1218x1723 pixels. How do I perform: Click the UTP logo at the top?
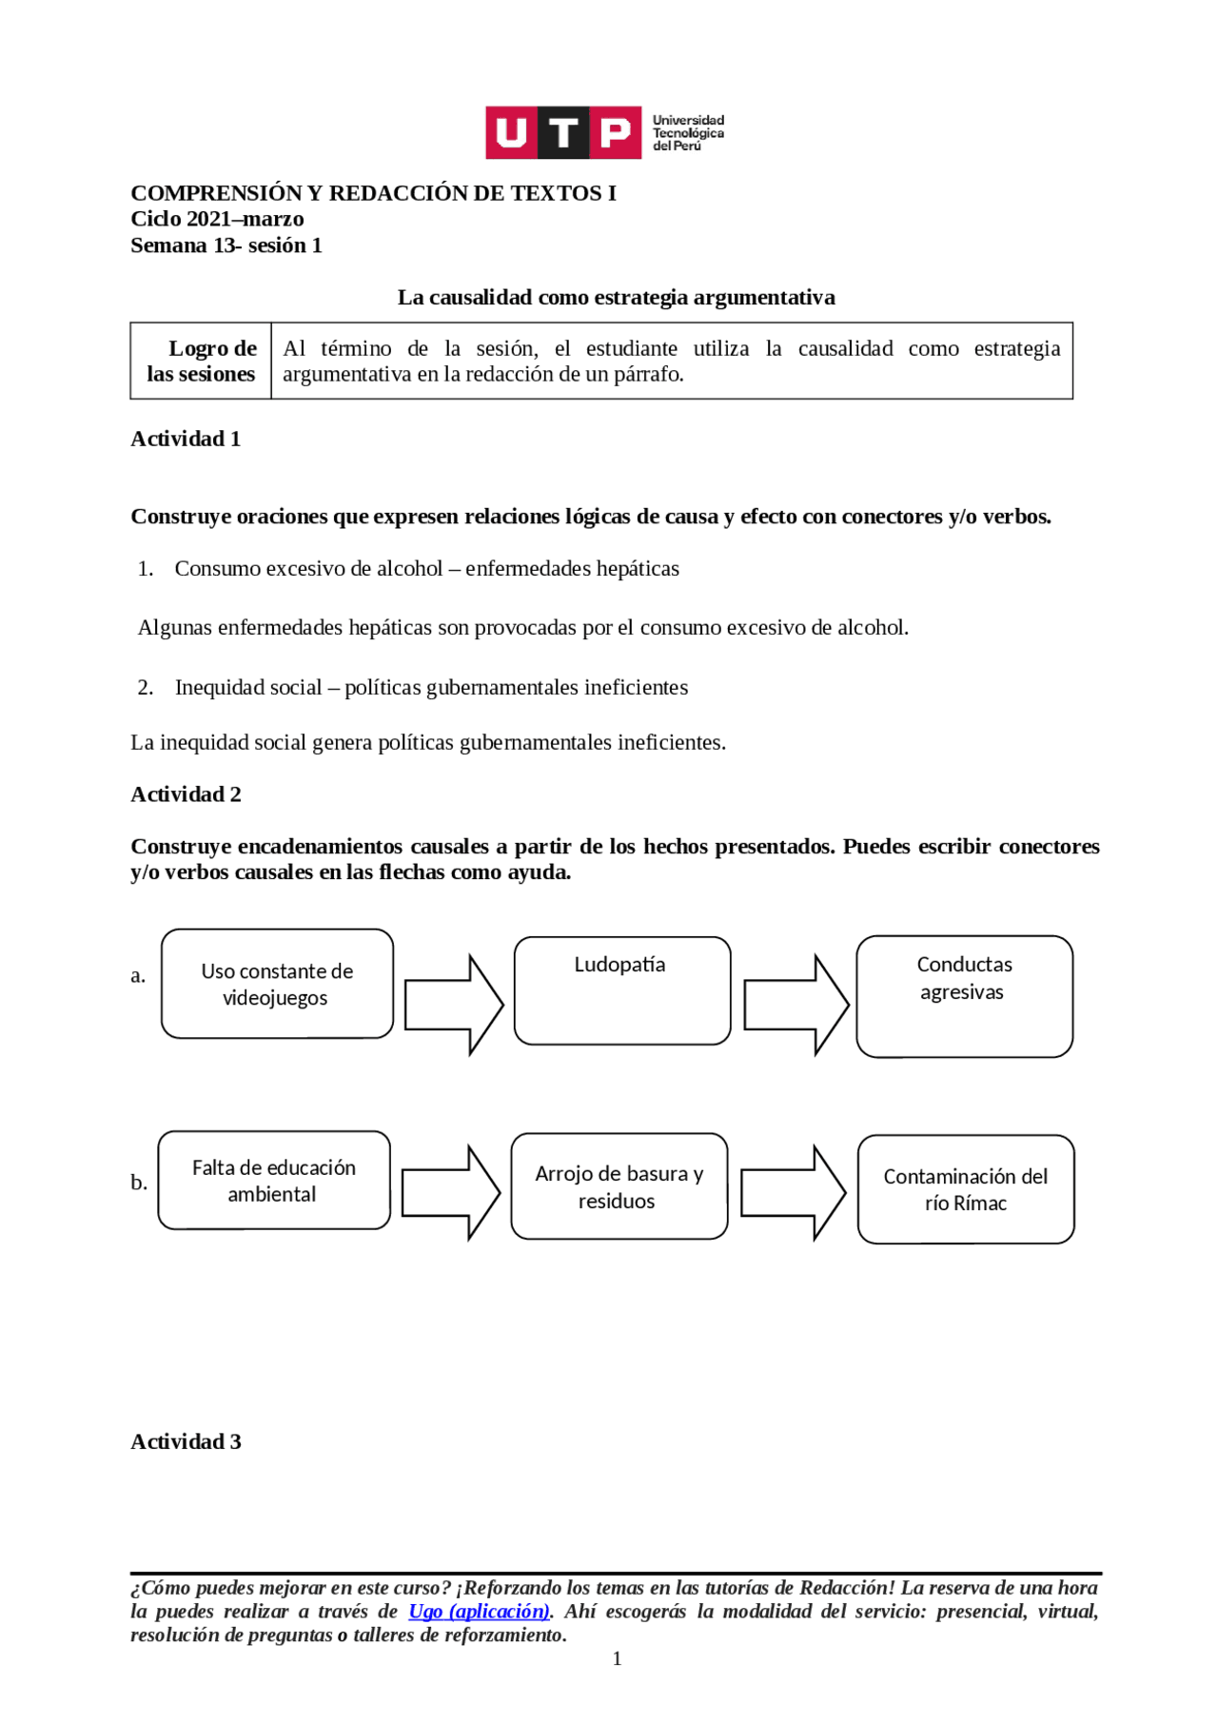point(604,132)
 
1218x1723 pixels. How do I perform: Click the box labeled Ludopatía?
point(622,990)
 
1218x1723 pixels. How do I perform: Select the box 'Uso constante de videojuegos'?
point(277,984)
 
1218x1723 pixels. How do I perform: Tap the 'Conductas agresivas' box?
point(964,995)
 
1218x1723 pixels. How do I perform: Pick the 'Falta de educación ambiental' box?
point(274,1180)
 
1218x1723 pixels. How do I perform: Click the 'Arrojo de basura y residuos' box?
point(619,1185)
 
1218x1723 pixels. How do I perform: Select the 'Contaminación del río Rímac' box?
point(965,1188)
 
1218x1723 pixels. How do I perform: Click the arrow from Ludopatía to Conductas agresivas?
point(796,1005)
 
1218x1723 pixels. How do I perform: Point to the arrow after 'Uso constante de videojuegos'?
point(454,1005)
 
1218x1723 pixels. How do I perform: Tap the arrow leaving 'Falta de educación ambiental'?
point(450,1192)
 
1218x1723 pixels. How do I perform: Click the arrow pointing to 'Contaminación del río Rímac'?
point(793,1192)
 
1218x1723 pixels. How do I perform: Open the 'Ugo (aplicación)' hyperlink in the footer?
point(479,1611)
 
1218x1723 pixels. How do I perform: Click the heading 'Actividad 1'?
point(186,439)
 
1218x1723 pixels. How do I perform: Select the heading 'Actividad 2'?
point(186,793)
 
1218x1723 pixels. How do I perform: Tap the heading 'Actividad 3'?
point(186,1440)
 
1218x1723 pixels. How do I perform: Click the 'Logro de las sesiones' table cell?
point(202,361)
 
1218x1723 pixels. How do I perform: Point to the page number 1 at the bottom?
point(617,1658)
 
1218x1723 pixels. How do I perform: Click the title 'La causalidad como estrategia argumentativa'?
point(616,297)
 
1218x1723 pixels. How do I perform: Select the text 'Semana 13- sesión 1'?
point(226,245)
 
